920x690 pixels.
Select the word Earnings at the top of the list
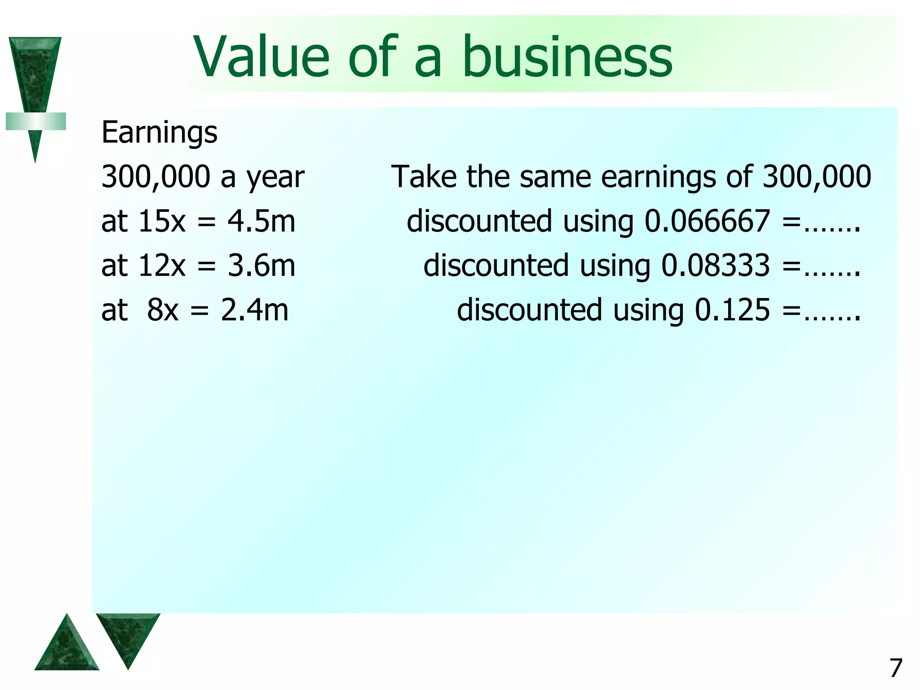click(x=159, y=133)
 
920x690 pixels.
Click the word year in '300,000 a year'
click(x=275, y=177)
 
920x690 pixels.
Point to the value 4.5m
click(x=261, y=221)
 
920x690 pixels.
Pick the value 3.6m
click(x=261, y=265)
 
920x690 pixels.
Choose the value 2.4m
click(x=255, y=310)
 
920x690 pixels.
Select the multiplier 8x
click(x=163, y=310)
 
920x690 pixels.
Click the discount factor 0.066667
click(x=708, y=221)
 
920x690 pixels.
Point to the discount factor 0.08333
click(x=716, y=265)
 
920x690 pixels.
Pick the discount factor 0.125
click(x=732, y=310)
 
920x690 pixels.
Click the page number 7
click(x=896, y=668)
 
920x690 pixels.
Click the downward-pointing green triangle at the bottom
click(x=128, y=633)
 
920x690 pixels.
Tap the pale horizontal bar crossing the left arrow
click(x=36, y=121)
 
